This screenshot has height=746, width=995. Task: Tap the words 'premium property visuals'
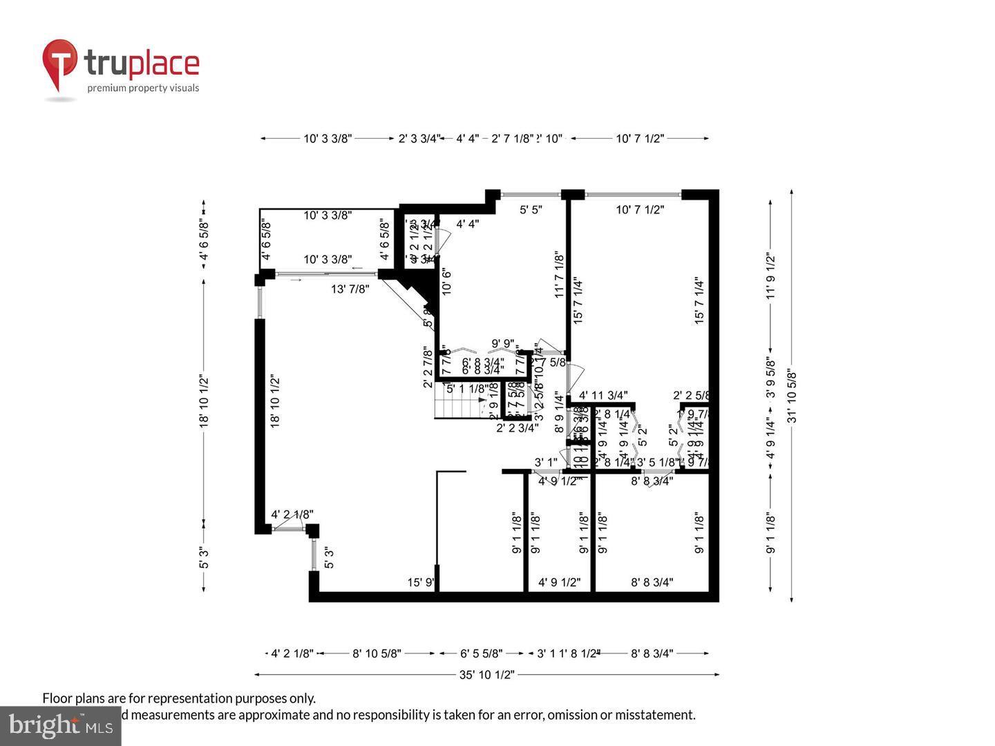click(x=143, y=88)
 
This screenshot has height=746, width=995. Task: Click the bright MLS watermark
click(x=61, y=726)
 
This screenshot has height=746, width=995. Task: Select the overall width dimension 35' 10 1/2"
click(x=487, y=675)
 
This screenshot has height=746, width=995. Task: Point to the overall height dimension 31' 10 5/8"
click(x=792, y=395)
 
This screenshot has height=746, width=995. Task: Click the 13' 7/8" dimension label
click(x=350, y=289)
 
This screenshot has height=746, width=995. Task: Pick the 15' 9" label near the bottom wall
click(x=420, y=582)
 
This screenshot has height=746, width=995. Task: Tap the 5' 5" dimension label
click(x=531, y=209)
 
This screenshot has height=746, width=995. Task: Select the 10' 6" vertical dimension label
click(x=446, y=282)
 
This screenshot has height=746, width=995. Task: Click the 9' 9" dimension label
click(x=502, y=343)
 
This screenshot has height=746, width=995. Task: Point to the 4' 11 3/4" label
click(x=603, y=396)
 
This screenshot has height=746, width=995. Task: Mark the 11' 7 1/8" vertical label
click(x=560, y=275)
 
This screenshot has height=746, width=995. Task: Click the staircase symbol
click(x=459, y=408)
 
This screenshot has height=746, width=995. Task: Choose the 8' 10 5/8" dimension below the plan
click(x=377, y=653)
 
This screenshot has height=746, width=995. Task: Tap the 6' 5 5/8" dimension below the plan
click(x=482, y=653)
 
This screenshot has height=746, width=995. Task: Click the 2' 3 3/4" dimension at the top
click(x=418, y=138)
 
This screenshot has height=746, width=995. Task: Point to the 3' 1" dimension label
click(x=546, y=462)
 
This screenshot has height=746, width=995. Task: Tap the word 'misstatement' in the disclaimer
click(x=654, y=715)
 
